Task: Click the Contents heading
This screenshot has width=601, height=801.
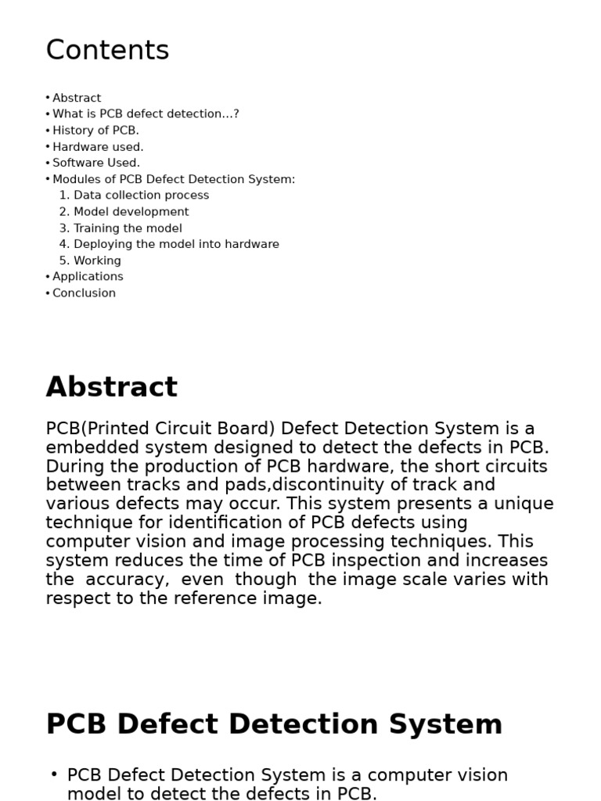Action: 107,51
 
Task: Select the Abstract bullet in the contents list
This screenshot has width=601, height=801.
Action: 77,98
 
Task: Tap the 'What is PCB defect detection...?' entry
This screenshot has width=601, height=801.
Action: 146,114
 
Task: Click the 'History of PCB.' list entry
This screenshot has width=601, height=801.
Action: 95,131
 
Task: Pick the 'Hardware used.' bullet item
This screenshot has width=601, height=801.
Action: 98,147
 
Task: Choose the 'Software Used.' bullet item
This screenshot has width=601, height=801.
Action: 96,163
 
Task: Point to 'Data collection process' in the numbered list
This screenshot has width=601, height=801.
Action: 141,196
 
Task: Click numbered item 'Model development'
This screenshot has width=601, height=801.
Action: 131,212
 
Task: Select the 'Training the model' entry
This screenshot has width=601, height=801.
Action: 128,228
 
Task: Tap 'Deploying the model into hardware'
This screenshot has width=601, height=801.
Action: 176,244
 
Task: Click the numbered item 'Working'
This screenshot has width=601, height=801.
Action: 97,260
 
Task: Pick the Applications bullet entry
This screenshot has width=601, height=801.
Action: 88,277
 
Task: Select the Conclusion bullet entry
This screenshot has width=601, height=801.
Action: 84,293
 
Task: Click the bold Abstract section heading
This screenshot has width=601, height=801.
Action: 112,387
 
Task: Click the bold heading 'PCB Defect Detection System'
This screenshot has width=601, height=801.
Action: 274,724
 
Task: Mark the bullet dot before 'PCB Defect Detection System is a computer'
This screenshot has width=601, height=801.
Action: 54,774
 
